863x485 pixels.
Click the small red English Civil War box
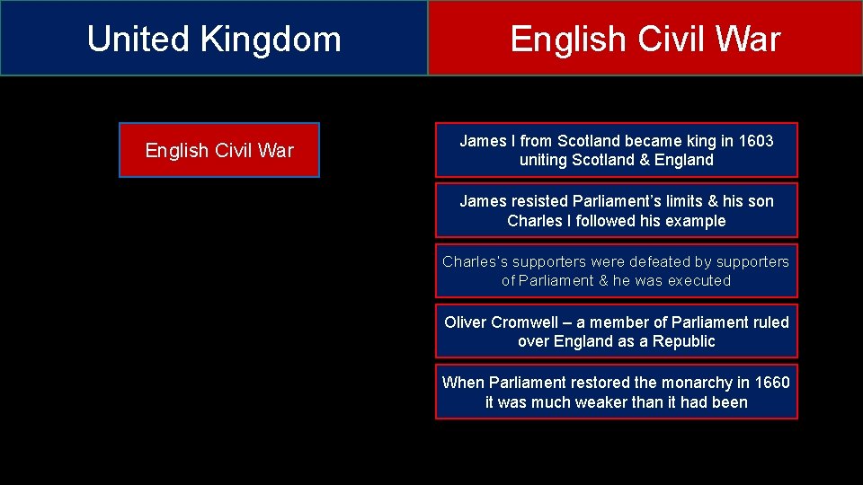219,150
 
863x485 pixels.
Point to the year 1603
755,141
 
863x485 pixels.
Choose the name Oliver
465,322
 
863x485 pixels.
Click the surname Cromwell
525,322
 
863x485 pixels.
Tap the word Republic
685,342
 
